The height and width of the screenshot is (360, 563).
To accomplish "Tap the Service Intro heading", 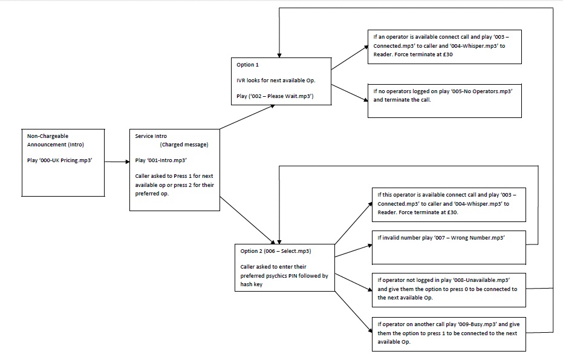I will click(151, 136).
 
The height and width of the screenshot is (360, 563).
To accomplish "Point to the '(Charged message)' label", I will click(185, 145).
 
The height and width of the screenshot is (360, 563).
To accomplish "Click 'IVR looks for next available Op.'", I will click(276, 80).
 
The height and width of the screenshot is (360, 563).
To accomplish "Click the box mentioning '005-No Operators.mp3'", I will click(444, 100).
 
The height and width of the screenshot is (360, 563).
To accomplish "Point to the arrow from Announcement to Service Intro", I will click(116, 162).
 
